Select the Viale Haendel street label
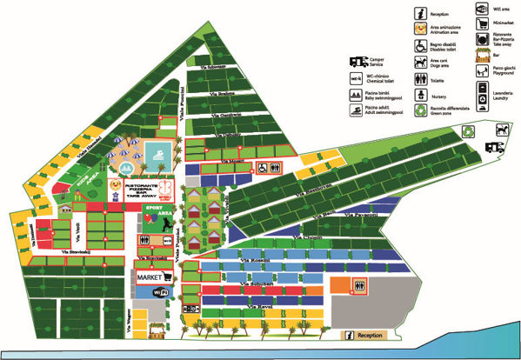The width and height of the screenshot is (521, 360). pyautogui.click(x=89, y=144)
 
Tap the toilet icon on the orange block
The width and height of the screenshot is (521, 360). pyautogui.click(x=357, y=284)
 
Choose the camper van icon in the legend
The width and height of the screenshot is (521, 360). pyautogui.click(x=358, y=60)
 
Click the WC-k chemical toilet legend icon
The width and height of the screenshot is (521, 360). pyautogui.click(x=356, y=77)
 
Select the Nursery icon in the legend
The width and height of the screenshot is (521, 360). pyautogui.click(x=420, y=96)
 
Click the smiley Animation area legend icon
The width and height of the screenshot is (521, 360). pyautogui.click(x=421, y=29)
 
